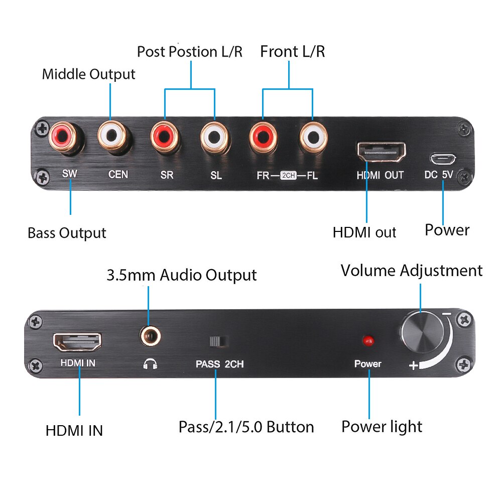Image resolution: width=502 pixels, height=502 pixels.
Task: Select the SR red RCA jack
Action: click(x=165, y=136)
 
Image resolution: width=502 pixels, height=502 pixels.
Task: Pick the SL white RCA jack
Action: click(x=215, y=136)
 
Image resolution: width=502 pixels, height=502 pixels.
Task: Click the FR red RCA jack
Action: click(x=264, y=136)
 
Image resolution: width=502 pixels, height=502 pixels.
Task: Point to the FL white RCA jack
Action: click(x=313, y=136)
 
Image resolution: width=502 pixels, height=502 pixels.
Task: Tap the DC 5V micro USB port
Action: click(x=443, y=159)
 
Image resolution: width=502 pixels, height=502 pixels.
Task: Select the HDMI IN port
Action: click(x=77, y=342)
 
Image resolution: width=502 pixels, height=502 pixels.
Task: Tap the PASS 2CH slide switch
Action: click(x=219, y=341)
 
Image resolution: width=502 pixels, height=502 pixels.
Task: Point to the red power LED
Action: click(x=368, y=341)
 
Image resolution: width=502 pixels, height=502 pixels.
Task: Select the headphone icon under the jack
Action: click(x=150, y=364)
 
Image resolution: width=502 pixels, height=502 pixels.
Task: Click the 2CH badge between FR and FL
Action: click(x=289, y=175)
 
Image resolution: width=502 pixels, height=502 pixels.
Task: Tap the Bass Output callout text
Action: click(x=67, y=233)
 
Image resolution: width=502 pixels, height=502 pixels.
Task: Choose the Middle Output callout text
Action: click(x=88, y=74)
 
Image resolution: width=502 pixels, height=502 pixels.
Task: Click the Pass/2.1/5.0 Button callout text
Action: click(x=246, y=427)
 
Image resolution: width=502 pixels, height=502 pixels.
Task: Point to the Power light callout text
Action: click(x=382, y=427)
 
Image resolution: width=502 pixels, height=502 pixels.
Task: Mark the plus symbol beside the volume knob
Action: click(x=414, y=365)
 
